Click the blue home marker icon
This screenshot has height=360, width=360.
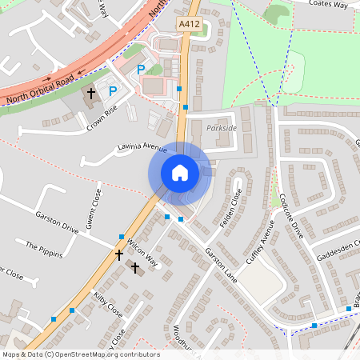tap(180, 172)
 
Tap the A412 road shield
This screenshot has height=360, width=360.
tap(189, 25)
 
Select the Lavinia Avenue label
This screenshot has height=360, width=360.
tap(141, 148)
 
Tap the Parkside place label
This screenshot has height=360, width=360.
tap(222, 128)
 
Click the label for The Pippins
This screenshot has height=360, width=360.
tap(43, 246)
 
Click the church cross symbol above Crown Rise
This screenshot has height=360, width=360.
tap(91, 94)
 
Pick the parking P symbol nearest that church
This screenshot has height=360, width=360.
tap(113, 91)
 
